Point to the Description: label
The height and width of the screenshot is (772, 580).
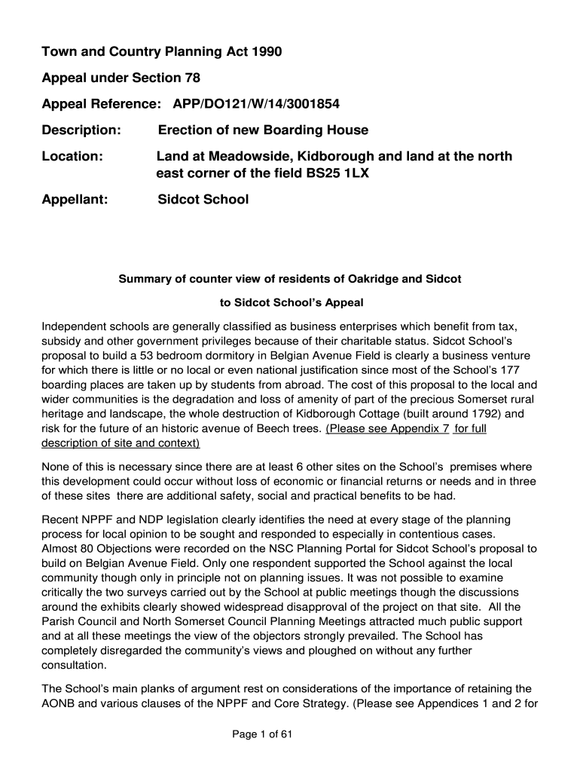click(x=81, y=130)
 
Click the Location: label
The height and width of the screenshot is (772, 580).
click(x=72, y=157)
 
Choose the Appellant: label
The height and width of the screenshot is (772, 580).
click(x=75, y=200)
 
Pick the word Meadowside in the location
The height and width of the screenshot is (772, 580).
click(x=242, y=157)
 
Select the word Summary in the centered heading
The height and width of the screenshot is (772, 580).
click(x=144, y=279)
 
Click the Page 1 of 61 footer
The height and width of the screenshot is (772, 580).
click(x=261, y=737)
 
